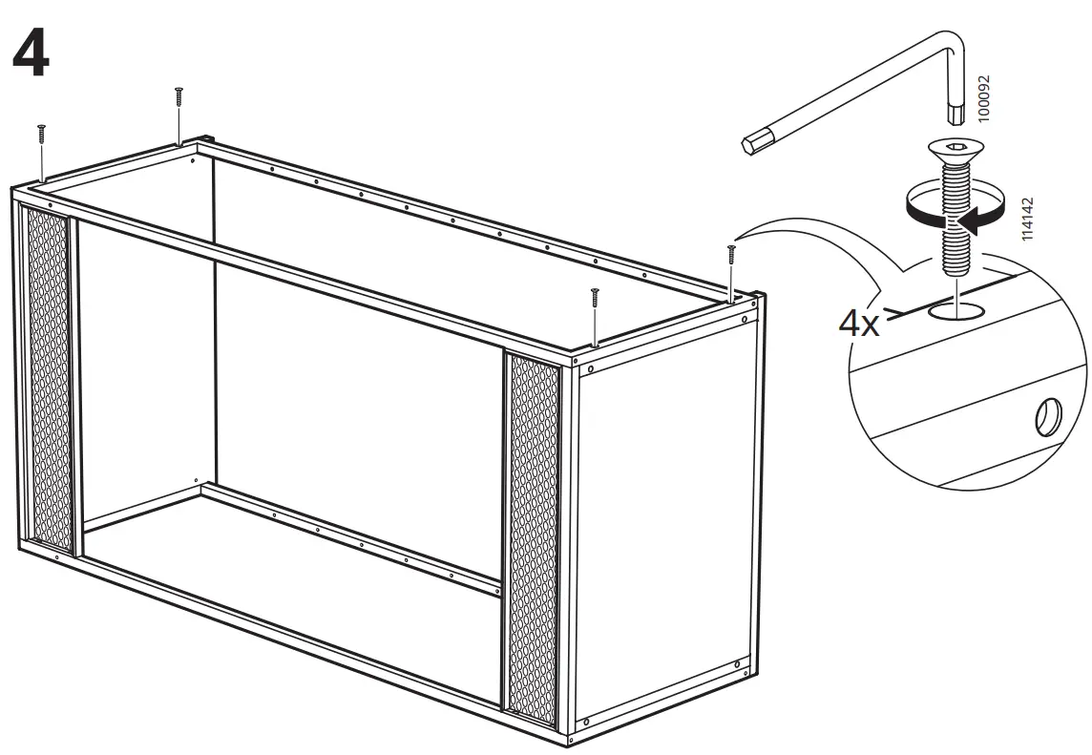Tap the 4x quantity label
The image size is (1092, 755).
(858, 323)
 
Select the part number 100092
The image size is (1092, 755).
(985, 97)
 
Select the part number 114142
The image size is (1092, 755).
(1027, 220)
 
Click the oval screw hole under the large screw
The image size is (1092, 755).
(955, 309)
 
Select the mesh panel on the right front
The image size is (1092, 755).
(532, 535)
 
